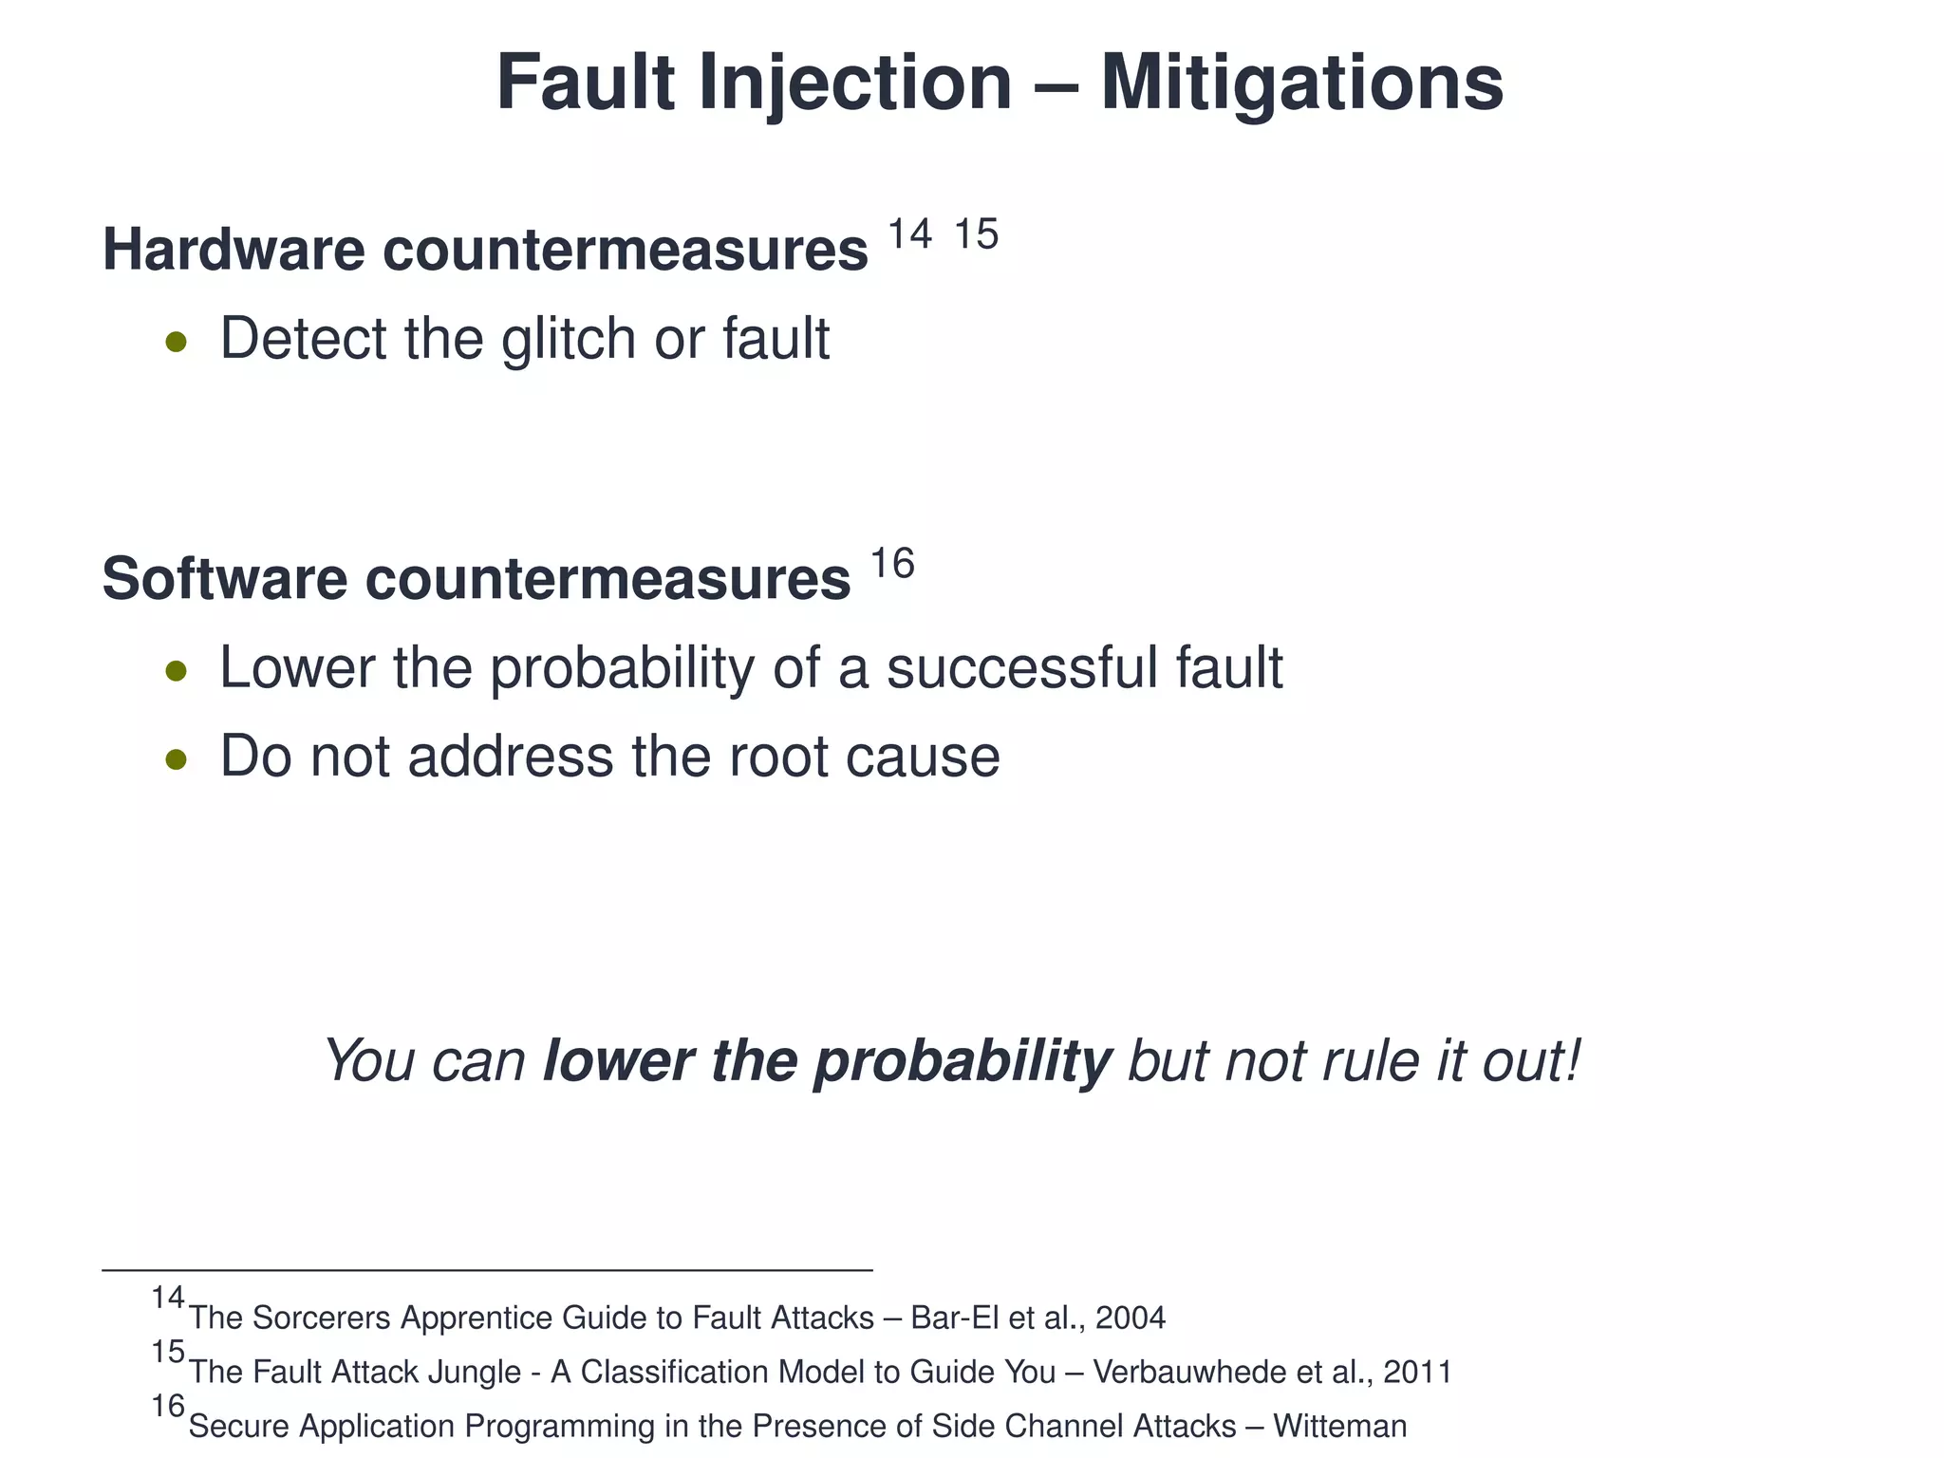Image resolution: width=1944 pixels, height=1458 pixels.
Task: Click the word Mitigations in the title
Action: [x=1301, y=84]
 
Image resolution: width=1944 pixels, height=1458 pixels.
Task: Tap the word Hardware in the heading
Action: [x=234, y=250]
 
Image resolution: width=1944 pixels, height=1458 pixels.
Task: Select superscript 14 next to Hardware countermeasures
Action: [x=909, y=234]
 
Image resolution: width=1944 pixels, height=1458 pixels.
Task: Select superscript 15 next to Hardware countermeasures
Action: [x=976, y=234]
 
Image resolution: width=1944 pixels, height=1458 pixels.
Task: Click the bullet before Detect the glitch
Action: [x=176, y=342]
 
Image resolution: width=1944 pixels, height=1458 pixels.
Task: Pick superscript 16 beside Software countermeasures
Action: [x=892, y=564]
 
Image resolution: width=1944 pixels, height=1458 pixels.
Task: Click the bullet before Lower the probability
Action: [x=176, y=672]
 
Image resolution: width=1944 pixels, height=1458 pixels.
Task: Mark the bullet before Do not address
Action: [x=176, y=759]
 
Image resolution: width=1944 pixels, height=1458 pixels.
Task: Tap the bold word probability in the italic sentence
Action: [x=962, y=1060]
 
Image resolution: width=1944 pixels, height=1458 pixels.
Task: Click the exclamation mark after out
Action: [x=1572, y=1060]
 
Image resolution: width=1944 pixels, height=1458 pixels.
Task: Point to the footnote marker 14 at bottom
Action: [x=168, y=1298]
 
